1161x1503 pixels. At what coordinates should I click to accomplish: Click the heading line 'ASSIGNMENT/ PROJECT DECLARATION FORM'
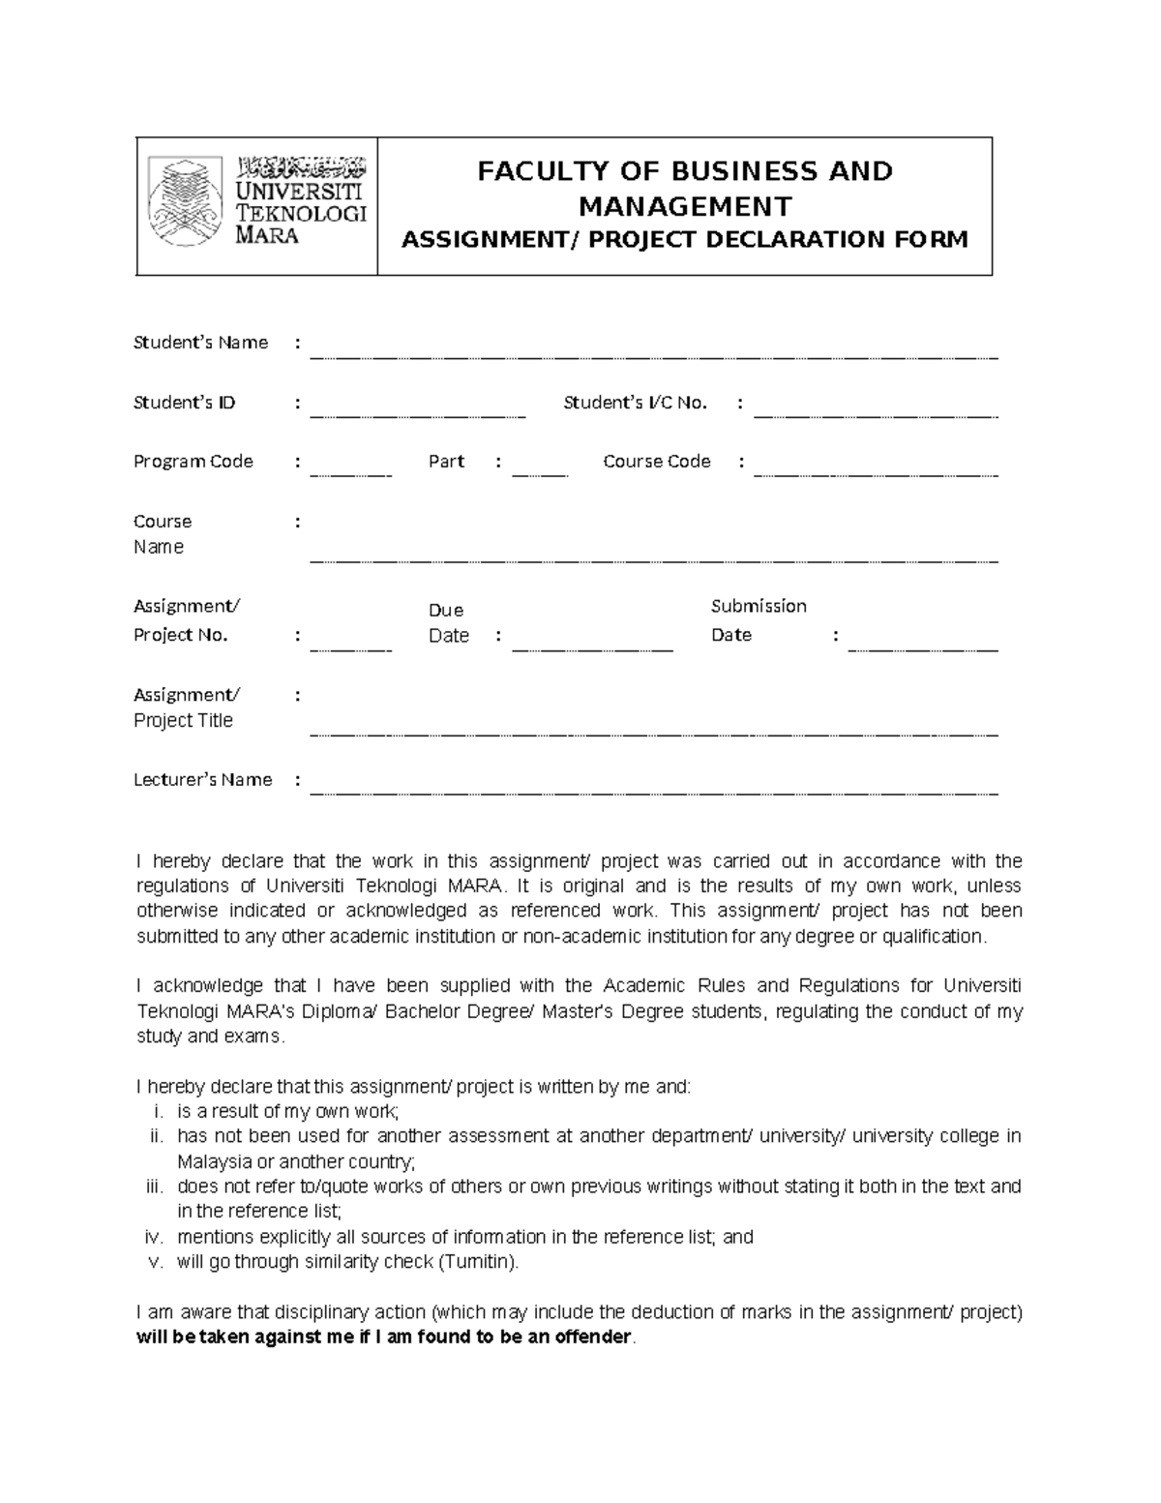pyautogui.click(x=684, y=240)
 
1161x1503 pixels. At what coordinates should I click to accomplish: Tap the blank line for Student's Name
pyautogui.click(x=653, y=355)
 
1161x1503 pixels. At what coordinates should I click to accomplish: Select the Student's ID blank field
pyautogui.click(x=417, y=414)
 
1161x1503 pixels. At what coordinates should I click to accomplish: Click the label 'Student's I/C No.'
pyautogui.click(x=635, y=403)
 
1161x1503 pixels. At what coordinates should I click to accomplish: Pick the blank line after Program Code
pyautogui.click(x=350, y=474)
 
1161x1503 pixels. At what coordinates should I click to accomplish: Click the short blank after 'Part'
pyautogui.click(x=539, y=474)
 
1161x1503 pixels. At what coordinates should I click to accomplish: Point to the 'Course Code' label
pyautogui.click(x=656, y=462)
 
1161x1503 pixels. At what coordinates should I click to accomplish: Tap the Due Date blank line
pyautogui.click(x=591, y=647)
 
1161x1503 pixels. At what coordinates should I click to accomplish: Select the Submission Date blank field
pyautogui.click(x=922, y=647)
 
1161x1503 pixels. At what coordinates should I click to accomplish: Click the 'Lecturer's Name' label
pyautogui.click(x=202, y=780)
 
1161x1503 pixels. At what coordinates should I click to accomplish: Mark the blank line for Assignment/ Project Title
pyautogui.click(x=653, y=733)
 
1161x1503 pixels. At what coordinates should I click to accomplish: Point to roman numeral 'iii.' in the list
pyautogui.click(x=156, y=1187)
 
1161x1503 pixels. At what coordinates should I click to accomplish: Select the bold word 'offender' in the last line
pyautogui.click(x=590, y=1338)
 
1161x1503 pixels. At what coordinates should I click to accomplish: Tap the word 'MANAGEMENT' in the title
pyautogui.click(x=684, y=206)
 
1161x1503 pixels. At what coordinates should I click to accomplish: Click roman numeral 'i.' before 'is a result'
pyautogui.click(x=160, y=1112)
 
